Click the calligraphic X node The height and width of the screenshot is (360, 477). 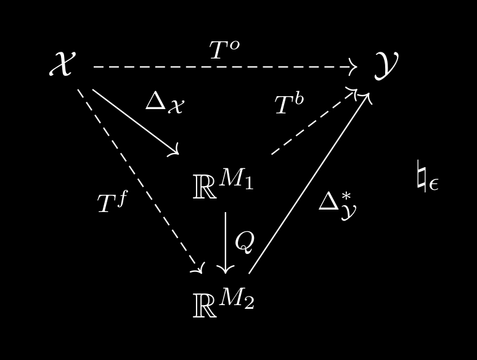[x=62, y=63]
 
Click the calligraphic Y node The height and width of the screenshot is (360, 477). [x=386, y=65]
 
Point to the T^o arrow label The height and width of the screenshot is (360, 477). [x=224, y=50]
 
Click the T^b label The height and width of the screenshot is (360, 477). [x=289, y=104]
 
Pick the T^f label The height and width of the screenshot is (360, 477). [x=112, y=202]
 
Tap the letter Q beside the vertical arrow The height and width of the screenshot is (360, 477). [x=244, y=242]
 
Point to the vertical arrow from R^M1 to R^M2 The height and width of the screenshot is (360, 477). [x=226, y=240]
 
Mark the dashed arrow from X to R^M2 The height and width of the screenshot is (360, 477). [x=139, y=179]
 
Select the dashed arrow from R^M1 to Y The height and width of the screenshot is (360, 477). [x=313, y=122]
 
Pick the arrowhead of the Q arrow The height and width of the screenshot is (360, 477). [x=226, y=269]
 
